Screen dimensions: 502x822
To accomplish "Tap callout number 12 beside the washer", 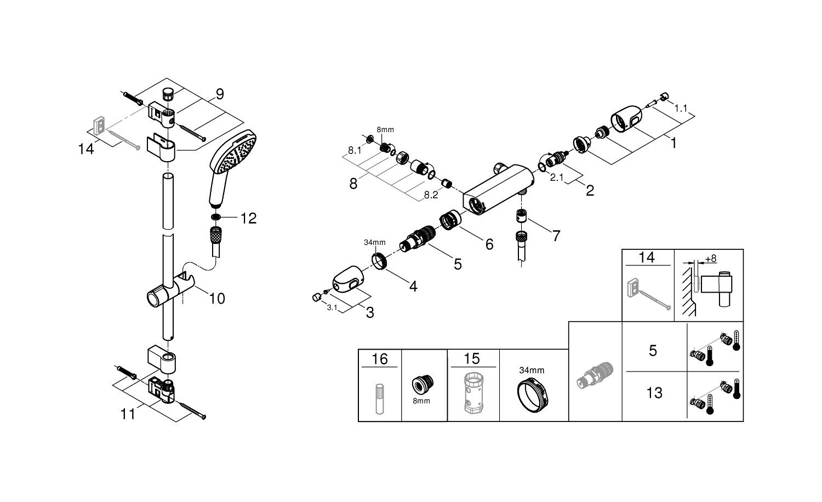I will [248, 218].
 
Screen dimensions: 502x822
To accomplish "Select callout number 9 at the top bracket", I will [219, 94].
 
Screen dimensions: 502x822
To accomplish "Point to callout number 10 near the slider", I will [217, 299].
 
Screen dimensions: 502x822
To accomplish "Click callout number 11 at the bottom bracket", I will [128, 414].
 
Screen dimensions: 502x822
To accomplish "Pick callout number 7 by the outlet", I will [556, 236].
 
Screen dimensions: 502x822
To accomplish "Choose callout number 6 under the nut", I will [489, 244].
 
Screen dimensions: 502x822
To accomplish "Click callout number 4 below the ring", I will [413, 286].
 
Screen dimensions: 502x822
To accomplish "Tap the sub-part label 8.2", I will [430, 194].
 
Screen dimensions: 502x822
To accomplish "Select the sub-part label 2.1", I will [556, 177].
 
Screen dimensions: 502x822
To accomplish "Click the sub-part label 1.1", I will [680, 109].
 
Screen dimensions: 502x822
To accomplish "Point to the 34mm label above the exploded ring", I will [375, 242].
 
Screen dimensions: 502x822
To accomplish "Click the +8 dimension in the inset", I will [711, 259].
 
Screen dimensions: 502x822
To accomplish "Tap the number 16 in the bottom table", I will [379, 359].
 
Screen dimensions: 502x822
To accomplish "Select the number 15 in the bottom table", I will [471, 359].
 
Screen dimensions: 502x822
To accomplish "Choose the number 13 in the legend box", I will [654, 393].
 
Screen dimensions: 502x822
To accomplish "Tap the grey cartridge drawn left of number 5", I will [595, 376].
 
